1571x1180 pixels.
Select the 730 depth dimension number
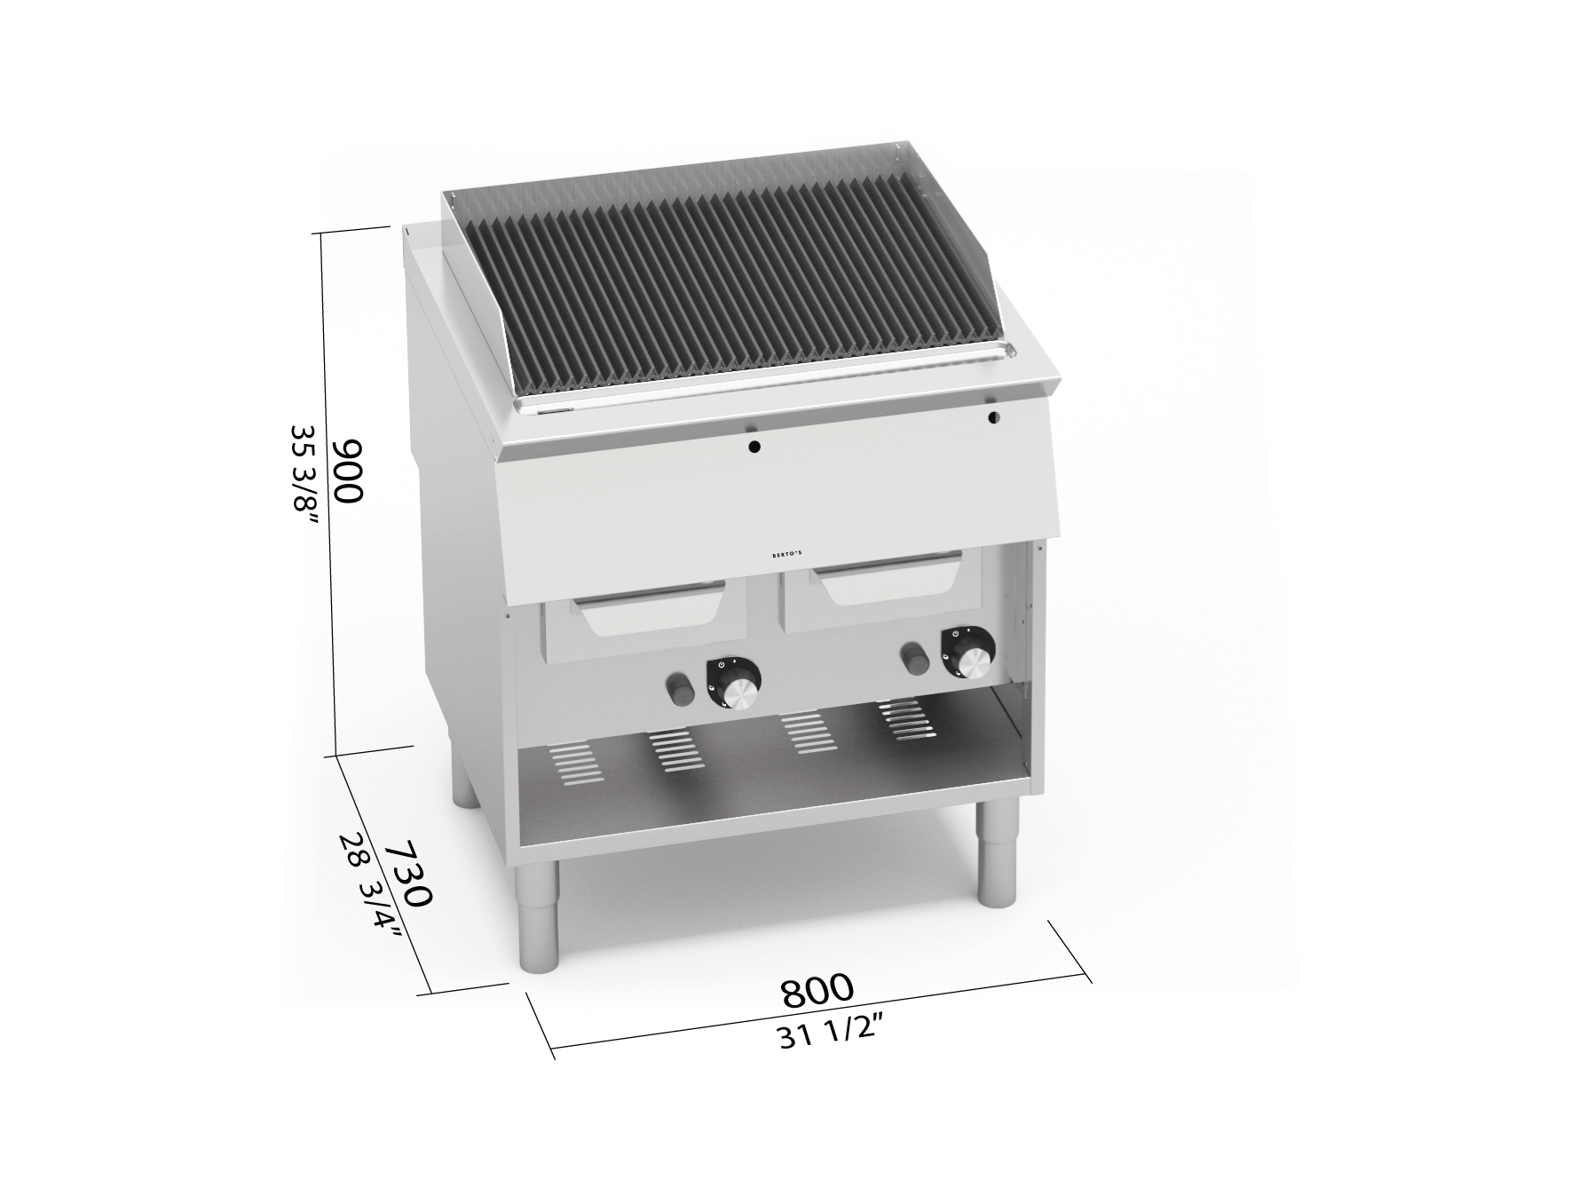point(407,873)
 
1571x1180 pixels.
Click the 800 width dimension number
point(817,989)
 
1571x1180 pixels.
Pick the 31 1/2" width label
point(832,1033)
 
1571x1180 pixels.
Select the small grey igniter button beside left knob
point(680,688)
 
